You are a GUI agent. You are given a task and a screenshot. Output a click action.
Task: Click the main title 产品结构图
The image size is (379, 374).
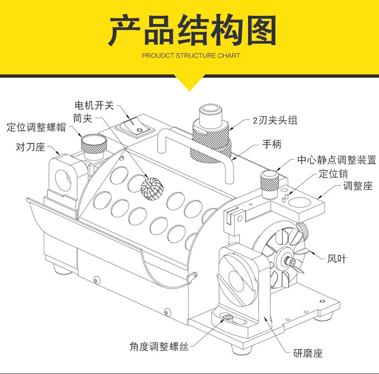point(192,30)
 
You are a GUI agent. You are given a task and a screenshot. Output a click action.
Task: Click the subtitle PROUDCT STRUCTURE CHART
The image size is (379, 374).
point(191,56)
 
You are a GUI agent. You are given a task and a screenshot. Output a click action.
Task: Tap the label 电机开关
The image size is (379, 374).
point(94,105)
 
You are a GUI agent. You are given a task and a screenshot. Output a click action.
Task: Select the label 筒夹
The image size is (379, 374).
point(83,118)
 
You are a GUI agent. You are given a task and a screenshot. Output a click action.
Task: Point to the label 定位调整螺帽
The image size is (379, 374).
point(36,128)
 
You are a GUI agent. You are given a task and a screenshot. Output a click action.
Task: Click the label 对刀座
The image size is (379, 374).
point(30,147)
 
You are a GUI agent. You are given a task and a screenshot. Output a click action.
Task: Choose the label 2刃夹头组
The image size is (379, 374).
point(275,120)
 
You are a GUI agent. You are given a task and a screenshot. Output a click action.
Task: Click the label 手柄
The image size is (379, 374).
point(272,144)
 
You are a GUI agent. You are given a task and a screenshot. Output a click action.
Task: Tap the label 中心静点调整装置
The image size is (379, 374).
point(337,160)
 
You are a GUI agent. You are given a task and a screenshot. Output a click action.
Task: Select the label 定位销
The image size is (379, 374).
point(333,174)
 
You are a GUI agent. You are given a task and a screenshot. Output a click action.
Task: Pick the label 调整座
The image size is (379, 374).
point(358,186)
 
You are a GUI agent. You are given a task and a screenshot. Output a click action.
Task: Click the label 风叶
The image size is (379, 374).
point(337,259)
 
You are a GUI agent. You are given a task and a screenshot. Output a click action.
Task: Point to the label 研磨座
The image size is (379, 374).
point(308,353)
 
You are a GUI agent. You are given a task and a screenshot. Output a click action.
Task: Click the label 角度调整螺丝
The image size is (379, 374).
point(159,347)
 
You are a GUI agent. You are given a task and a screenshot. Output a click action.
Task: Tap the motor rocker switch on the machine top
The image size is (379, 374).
point(135,128)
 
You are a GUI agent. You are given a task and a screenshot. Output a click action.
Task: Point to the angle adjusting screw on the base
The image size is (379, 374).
point(228,317)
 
